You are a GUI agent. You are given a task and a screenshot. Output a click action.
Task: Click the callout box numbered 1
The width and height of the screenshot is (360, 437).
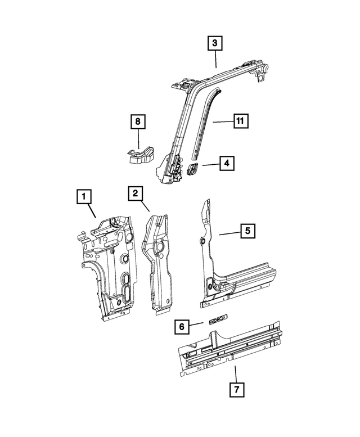point(83,197)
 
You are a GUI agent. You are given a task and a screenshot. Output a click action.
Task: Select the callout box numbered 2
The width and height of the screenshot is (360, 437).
point(135,193)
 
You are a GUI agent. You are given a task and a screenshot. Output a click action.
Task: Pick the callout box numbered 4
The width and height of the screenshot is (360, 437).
point(227,164)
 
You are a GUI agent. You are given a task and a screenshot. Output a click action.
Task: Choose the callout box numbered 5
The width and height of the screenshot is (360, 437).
point(247,231)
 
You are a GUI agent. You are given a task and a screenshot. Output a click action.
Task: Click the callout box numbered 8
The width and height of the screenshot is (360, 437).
point(137,121)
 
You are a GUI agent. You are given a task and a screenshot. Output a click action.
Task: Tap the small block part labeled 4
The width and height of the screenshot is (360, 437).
point(192,168)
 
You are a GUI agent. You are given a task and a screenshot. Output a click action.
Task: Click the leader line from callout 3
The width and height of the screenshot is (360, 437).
point(215,60)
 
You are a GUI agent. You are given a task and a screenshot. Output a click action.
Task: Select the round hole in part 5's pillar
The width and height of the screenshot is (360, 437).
point(202,242)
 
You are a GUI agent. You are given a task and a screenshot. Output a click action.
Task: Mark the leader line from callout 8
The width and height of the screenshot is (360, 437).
point(137,139)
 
